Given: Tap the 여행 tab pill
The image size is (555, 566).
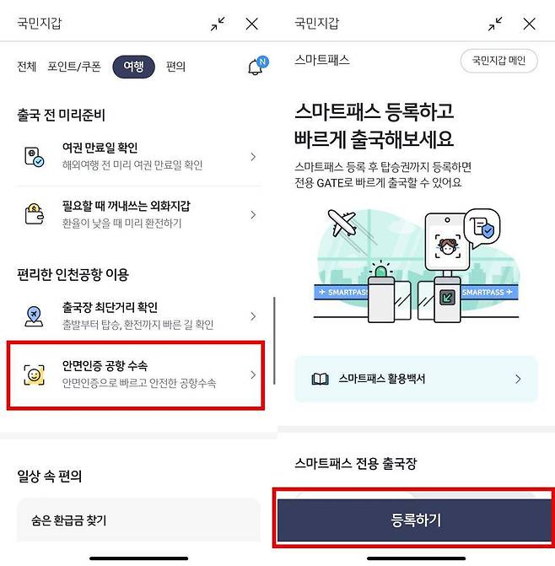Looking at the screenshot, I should [134, 67].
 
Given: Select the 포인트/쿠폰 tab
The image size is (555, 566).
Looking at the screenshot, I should [73, 67].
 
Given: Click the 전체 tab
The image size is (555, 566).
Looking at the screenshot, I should [26, 67].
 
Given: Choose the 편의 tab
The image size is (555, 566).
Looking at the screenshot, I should [176, 67].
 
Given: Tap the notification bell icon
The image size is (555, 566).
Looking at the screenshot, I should [256, 67].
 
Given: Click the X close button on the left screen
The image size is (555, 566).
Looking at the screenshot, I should [251, 24].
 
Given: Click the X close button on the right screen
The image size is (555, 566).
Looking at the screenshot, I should [529, 24].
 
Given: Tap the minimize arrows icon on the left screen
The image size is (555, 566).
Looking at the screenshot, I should [218, 24].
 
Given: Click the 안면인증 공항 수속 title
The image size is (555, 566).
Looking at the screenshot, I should [105, 365].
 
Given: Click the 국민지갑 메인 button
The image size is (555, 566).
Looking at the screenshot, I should [498, 61].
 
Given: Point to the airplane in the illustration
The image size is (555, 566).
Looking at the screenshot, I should [342, 224].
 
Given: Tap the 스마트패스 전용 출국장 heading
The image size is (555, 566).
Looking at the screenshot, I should [356, 463].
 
